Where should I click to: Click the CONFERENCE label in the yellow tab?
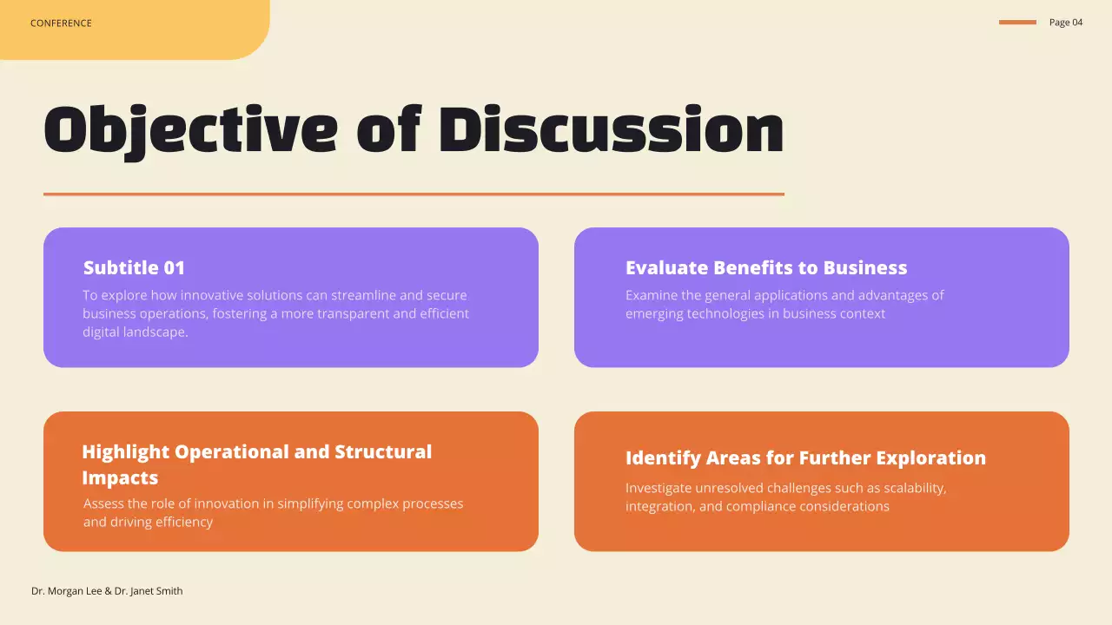click(x=61, y=23)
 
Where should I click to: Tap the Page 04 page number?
click(x=1066, y=23)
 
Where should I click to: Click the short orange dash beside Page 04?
click(x=1017, y=23)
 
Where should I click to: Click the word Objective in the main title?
click(x=190, y=130)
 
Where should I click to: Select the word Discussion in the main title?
click(x=611, y=130)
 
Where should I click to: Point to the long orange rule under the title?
click(x=414, y=194)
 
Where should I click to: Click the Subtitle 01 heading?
click(x=134, y=268)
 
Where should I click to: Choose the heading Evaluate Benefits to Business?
click(x=765, y=268)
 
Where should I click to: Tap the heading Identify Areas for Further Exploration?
click(x=805, y=458)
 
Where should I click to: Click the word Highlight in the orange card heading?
click(x=125, y=452)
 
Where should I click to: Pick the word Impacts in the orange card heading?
click(x=120, y=478)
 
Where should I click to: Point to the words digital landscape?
click(x=135, y=332)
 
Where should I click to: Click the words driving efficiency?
click(x=148, y=523)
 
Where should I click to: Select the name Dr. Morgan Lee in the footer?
click(x=66, y=591)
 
